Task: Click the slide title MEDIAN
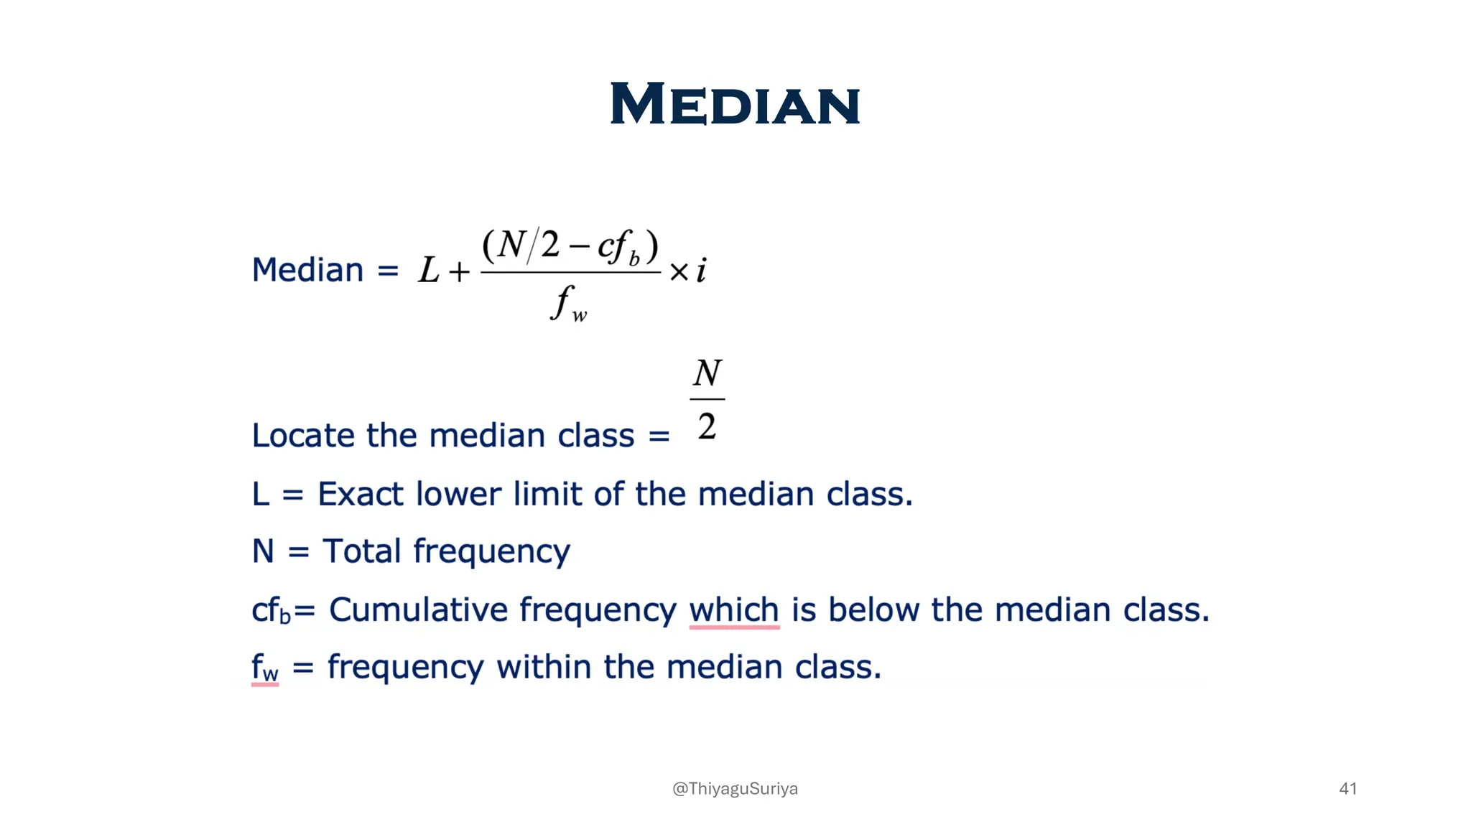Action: (735, 105)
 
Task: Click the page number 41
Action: (1347, 788)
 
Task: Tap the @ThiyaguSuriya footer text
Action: (735, 788)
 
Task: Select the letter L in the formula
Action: (428, 271)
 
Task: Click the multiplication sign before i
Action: (679, 272)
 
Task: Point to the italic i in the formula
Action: (701, 271)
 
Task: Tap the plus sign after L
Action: (459, 272)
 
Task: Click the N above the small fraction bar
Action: (707, 374)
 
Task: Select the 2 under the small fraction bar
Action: (707, 426)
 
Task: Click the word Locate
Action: (302, 436)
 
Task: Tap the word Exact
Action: (360, 494)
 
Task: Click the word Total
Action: (361, 551)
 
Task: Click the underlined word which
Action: (733, 609)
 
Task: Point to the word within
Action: (543, 667)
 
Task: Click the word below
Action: (873, 609)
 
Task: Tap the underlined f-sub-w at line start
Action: (264, 668)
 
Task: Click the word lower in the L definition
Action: (458, 494)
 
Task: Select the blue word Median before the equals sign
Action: (307, 271)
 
